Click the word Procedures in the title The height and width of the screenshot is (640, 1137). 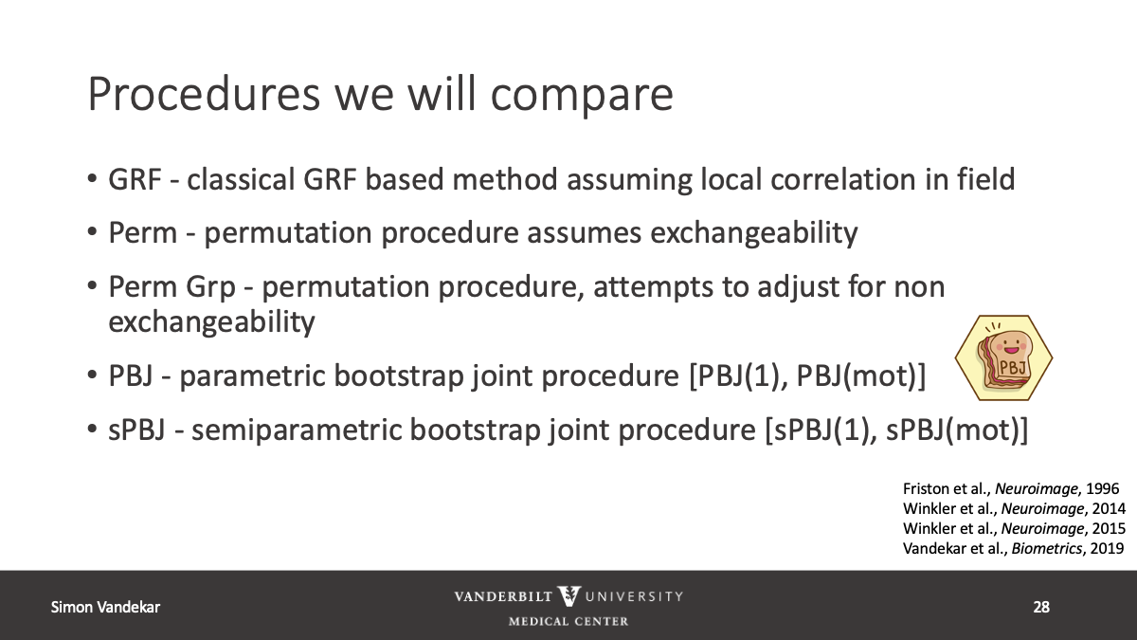coord(204,94)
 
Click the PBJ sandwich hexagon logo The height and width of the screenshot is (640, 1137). coord(1003,357)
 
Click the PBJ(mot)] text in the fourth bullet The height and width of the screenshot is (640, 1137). coord(861,376)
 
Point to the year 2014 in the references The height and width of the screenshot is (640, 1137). coord(1109,508)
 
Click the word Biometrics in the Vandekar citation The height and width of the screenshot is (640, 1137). coord(1047,549)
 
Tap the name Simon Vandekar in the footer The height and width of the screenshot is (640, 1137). coord(105,607)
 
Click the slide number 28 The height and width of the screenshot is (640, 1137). coord(1041,607)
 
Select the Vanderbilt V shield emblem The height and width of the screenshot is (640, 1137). coord(568,596)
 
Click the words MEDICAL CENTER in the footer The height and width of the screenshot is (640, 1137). coord(568,621)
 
